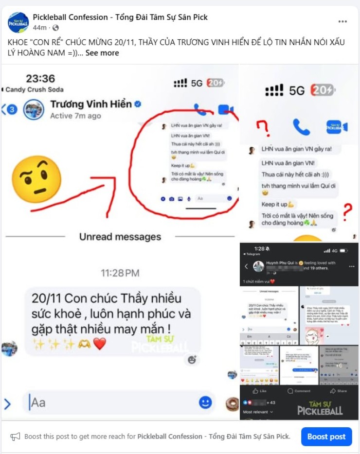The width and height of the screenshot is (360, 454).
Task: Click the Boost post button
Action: pyautogui.click(x=326, y=437)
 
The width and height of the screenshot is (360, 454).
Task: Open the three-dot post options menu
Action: pyautogui.click(x=342, y=22)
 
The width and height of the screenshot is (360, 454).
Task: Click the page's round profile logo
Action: pyautogui.click(x=18, y=22)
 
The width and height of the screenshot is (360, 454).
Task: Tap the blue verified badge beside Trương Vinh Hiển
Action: pyautogui.click(x=138, y=104)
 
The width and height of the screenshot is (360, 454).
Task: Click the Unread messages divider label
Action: pyautogui.click(x=120, y=237)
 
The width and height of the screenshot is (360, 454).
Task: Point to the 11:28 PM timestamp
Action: pyautogui.click(x=120, y=273)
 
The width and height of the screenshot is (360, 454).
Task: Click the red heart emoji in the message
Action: pyautogui.click(x=100, y=344)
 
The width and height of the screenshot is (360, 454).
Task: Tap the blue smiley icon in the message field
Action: pyautogui.click(x=205, y=402)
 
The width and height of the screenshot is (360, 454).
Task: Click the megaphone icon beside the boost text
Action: pyautogui.click(x=16, y=437)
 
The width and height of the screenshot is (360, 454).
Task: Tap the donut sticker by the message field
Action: pyautogui.click(x=232, y=403)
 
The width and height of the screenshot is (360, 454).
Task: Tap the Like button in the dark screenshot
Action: pyautogui.click(x=260, y=390)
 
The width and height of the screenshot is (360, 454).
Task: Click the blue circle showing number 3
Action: pyautogui.click(x=12, y=109)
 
